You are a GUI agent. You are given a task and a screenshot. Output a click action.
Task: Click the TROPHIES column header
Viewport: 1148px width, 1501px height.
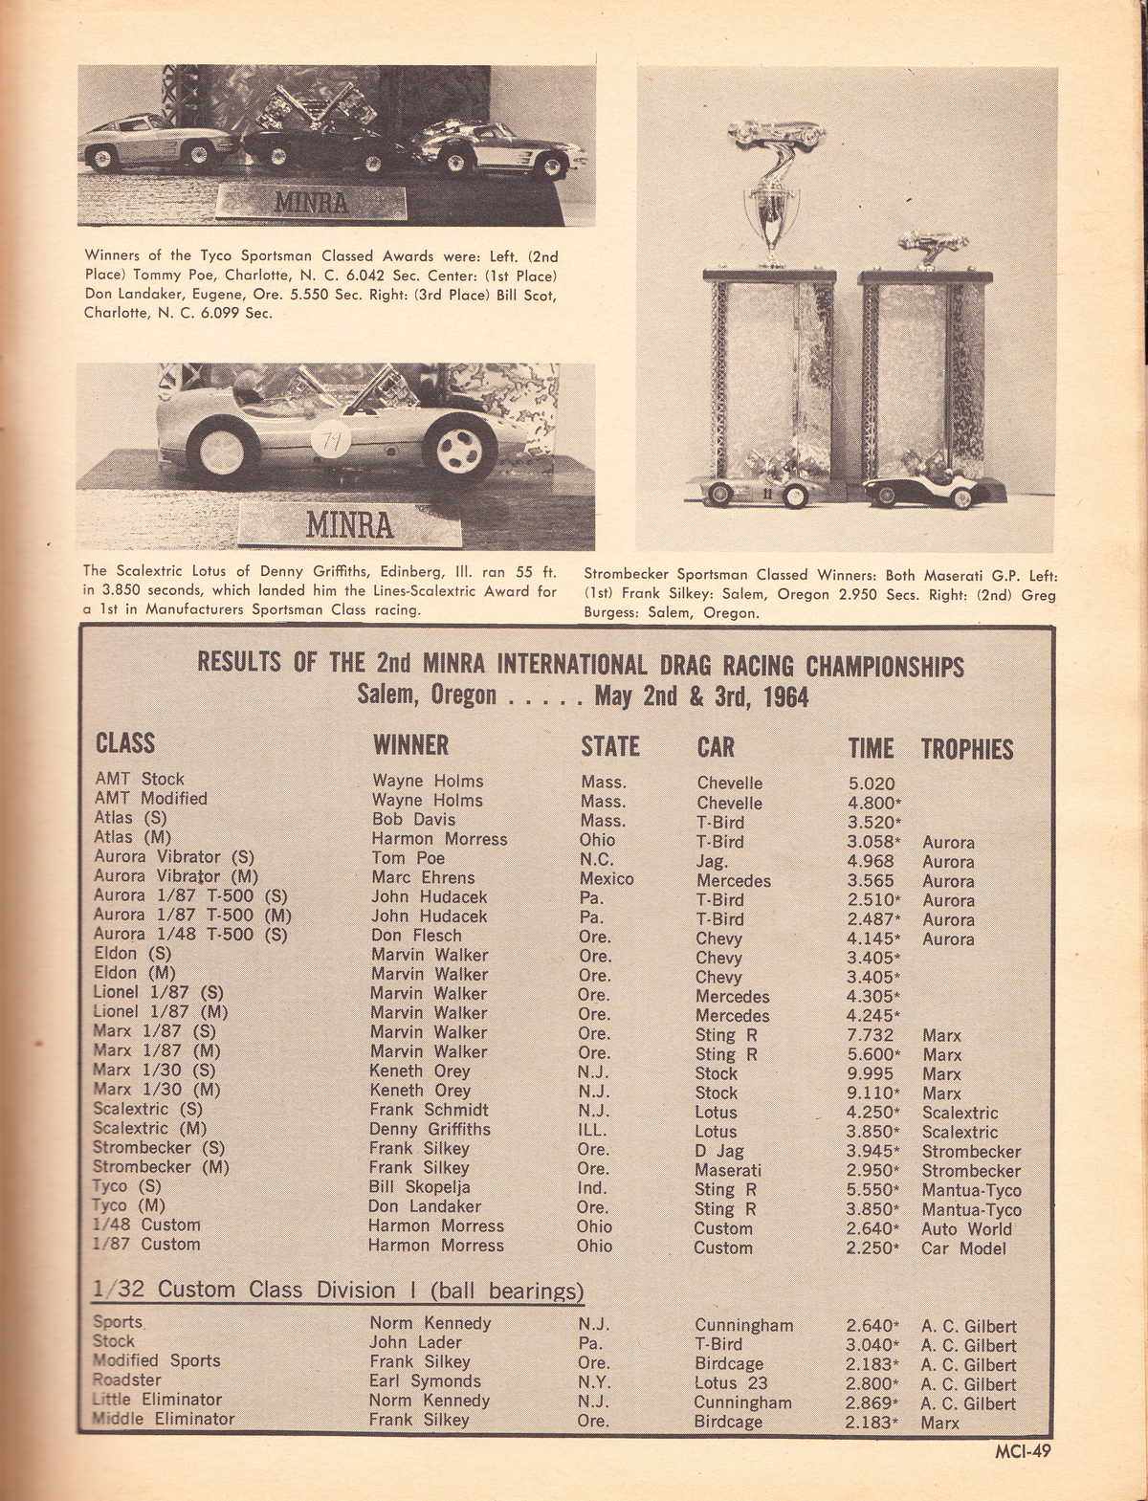(x=966, y=749)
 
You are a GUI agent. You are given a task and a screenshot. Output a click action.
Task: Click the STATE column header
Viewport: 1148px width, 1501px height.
(x=609, y=746)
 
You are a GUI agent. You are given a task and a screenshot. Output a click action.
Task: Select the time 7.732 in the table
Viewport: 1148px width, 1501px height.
(x=870, y=1035)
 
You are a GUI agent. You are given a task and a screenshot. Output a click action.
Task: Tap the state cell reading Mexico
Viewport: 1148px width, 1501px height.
(x=607, y=878)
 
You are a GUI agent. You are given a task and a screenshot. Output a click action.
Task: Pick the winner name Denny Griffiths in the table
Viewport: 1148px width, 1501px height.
(x=430, y=1129)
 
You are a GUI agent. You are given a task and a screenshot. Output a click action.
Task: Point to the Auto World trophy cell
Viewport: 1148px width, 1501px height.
(x=966, y=1228)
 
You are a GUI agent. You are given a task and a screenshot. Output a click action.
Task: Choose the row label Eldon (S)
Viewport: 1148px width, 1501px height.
(x=132, y=953)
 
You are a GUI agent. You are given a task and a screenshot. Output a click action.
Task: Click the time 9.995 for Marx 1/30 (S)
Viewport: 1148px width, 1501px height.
(x=870, y=1073)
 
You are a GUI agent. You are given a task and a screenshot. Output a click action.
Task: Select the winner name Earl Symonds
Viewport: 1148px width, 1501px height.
(x=425, y=1380)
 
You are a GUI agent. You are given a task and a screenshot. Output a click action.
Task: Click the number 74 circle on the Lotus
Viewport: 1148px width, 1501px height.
(x=333, y=439)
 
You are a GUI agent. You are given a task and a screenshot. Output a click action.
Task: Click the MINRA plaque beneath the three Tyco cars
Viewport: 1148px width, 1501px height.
(x=312, y=203)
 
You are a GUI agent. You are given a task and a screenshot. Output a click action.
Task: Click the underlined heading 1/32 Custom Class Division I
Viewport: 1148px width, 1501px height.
(x=338, y=1290)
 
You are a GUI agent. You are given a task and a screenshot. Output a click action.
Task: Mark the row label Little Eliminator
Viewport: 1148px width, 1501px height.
(x=157, y=1400)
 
